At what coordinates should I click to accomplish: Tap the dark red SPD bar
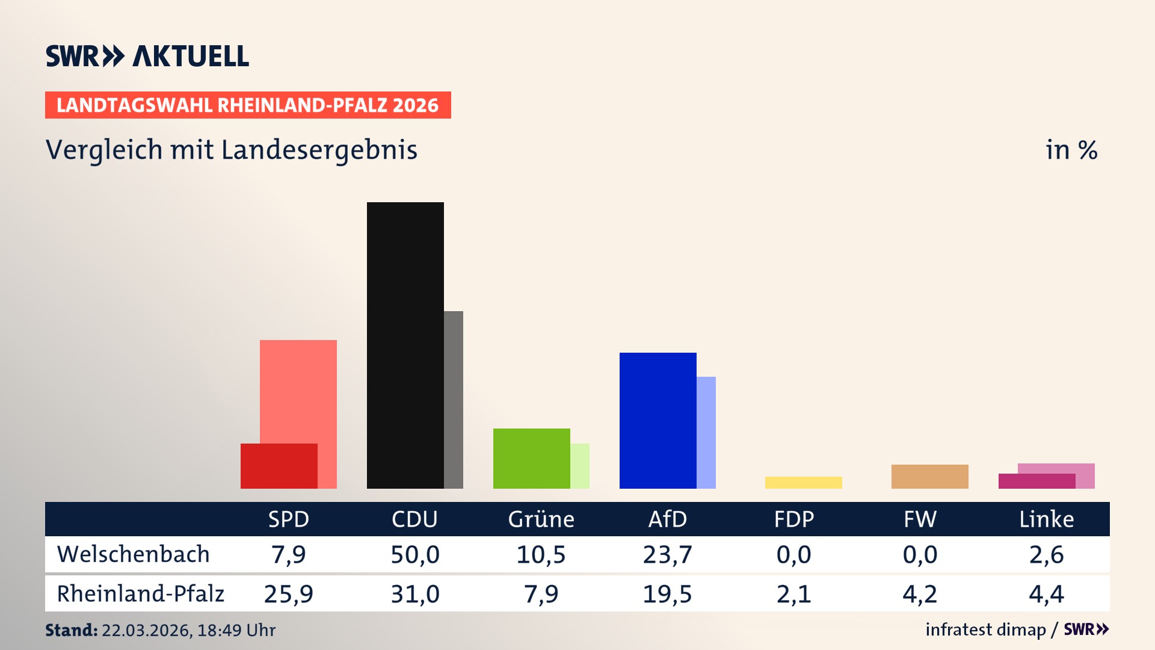279,466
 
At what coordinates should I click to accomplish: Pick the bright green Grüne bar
531,458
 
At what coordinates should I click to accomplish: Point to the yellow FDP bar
803,482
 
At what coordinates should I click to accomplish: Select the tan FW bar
929,476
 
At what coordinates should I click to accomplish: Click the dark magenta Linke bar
1036,481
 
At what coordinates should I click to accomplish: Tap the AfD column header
667,519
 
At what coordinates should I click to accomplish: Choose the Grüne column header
541,519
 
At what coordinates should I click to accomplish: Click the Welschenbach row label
133,554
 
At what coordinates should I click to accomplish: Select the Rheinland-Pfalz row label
140,593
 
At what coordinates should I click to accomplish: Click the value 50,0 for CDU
414,554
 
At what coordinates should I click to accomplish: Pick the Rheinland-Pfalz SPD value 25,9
288,593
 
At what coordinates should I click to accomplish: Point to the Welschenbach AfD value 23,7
667,554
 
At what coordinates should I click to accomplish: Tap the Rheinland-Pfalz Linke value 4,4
1046,593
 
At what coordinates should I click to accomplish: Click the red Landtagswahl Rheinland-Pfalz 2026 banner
248,105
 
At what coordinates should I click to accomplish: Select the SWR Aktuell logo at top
147,56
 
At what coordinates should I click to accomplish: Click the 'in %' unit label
1071,150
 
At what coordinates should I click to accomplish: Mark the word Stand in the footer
71,630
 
